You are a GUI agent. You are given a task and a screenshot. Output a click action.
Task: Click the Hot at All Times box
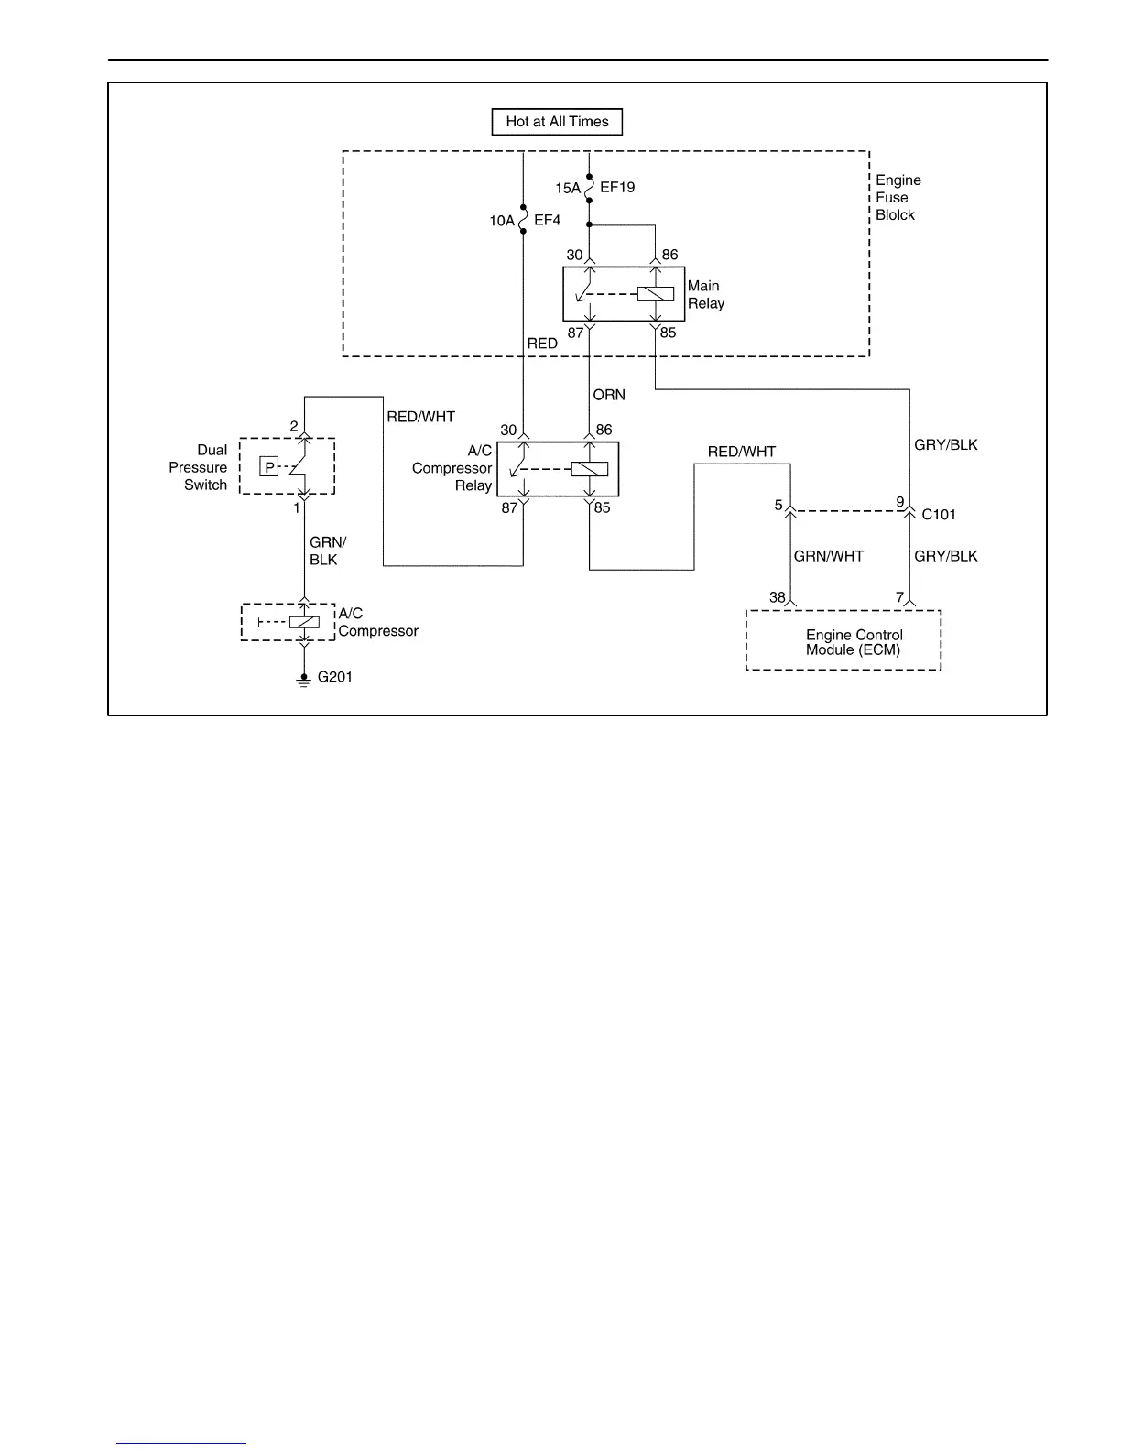pyautogui.click(x=557, y=122)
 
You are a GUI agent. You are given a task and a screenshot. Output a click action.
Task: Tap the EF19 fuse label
pyautogui.click(x=617, y=187)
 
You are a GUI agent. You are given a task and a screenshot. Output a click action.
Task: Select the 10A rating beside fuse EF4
pyautogui.click(x=501, y=221)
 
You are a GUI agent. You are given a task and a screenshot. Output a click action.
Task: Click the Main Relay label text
pyautogui.click(x=706, y=294)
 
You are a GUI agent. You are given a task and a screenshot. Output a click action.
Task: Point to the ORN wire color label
pyautogui.click(x=609, y=395)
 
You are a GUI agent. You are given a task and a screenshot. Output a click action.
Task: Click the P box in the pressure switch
pyautogui.click(x=269, y=467)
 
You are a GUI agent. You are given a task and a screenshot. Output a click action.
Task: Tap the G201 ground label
pyautogui.click(x=334, y=676)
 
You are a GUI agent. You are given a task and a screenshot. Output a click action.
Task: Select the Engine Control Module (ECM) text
pyautogui.click(x=854, y=642)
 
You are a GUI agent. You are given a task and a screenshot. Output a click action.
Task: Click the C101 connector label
pyautogui.click(x=938, y=514)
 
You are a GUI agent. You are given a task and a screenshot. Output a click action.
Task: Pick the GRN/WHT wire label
pyautogui.click(x=828, y=555)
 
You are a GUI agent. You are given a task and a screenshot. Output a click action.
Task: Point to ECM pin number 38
pyautogui.click(x=778, y=597)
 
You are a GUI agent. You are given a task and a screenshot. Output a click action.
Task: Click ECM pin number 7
pyautogui.click(x=899, y=597)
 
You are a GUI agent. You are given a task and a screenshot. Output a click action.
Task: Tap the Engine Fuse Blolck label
pyautogui.click(x=898, y=198)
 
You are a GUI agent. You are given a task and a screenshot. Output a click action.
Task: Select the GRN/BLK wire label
pyautogui.click(x=327, y=551)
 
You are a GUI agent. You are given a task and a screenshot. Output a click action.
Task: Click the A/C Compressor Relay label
pyautogui.click(x=452, y=468)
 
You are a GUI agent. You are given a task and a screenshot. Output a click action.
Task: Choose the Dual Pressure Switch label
pyautogui.click(x=199, y=467)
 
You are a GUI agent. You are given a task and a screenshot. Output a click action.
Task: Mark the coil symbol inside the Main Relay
pyautogui.click(x=655, y=294)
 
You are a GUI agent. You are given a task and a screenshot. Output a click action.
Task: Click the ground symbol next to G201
pyautogui.click(x=304, y=681)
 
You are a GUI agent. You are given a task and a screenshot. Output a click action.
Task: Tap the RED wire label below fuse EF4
pyautogui.click(x=541, y=344)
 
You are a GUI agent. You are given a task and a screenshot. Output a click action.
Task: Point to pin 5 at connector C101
pyautogui.click(x=778, y=505)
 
